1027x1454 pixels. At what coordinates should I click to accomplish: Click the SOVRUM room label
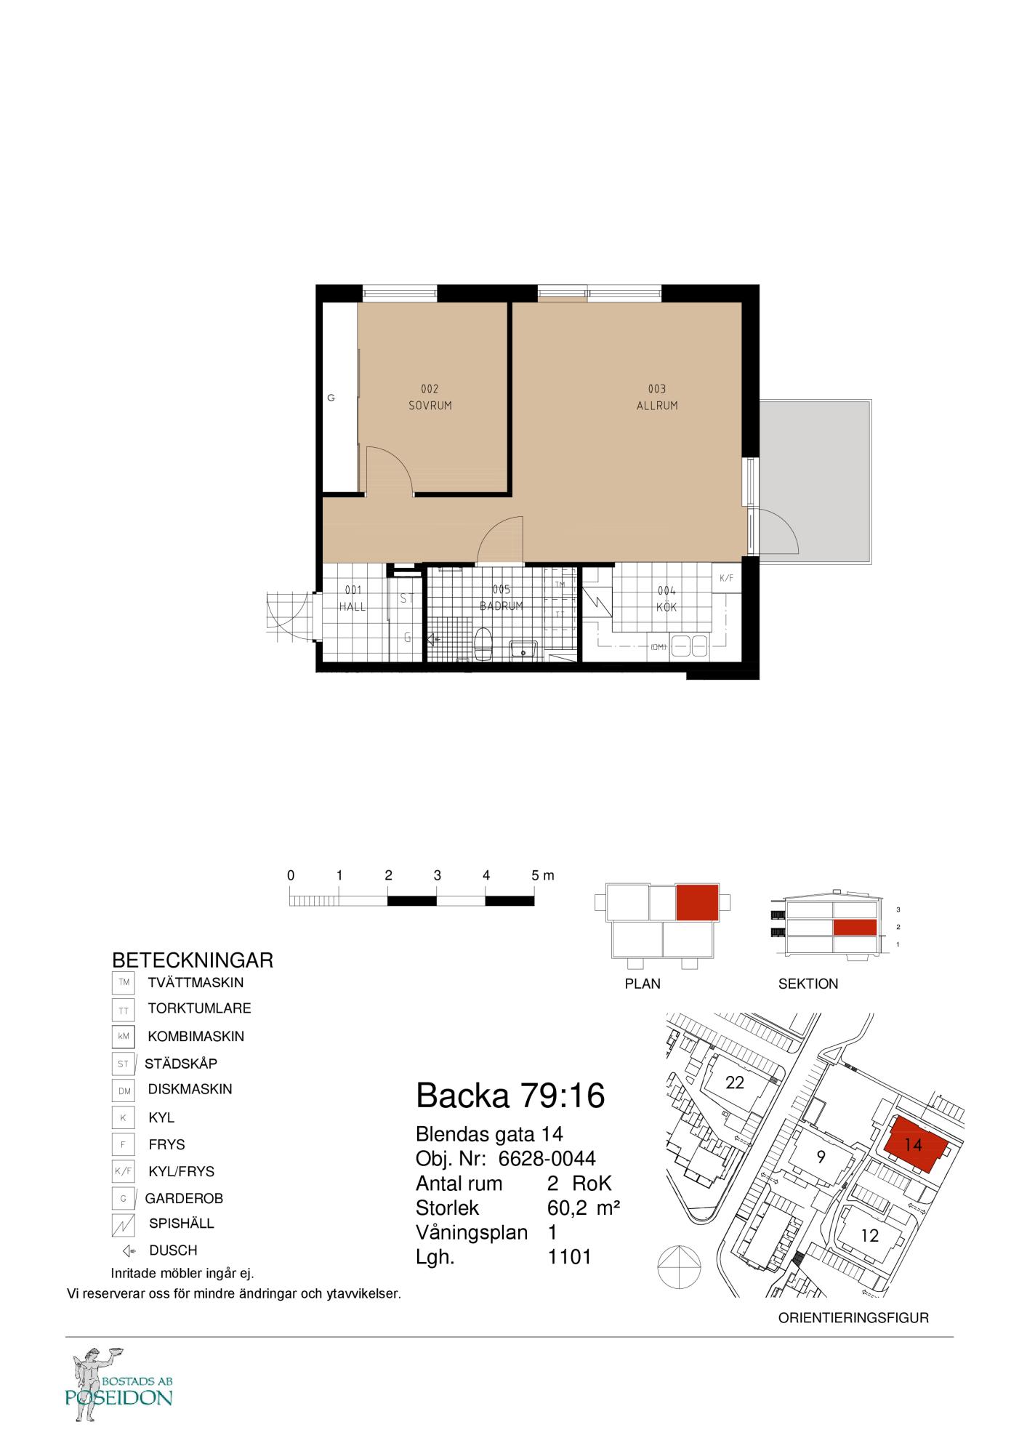point(430,406)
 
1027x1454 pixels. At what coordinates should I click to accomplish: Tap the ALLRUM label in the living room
point(657,406)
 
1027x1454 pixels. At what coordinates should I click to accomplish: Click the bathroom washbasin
point(523,648)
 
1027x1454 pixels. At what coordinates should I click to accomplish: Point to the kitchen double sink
point(689,645)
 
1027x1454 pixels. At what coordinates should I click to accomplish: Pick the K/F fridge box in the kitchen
point(726,579)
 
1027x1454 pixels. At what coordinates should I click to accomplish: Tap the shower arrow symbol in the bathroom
point(434,640)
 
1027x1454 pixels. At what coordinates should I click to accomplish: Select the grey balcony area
point(815,481)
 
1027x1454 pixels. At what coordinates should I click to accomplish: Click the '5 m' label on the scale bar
point(543,875)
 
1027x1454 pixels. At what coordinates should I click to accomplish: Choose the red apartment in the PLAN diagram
point(697,903)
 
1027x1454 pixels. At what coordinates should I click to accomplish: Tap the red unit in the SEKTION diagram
point(854,927)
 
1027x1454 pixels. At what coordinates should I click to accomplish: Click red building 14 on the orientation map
point(915,1145)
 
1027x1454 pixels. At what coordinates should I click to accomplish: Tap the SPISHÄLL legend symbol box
point(123,1226)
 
